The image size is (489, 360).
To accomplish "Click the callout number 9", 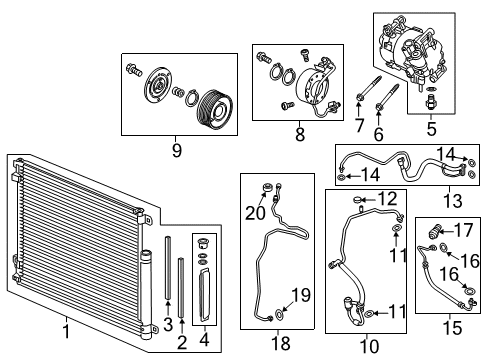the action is (177, 150).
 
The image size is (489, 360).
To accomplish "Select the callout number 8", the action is (300, 135).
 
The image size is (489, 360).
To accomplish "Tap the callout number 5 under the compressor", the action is (431, 129).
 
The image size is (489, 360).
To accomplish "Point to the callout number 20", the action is (255, 213).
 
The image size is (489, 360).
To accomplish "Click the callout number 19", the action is (301, 295).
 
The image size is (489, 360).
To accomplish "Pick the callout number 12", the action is (387, 199).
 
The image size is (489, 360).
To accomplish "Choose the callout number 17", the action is (463, 230).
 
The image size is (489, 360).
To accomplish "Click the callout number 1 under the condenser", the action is (66, 331).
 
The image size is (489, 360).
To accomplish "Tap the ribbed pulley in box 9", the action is (214, 108).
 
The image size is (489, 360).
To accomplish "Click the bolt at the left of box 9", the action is (134, 70).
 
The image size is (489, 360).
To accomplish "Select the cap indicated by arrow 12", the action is (356, 200).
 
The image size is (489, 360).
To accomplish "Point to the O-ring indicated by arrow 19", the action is (279, 313).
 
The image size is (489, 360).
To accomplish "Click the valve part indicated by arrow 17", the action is (434, 232).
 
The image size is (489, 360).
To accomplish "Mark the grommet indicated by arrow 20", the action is (267, 188).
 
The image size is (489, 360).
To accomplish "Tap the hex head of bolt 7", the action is (359, 97).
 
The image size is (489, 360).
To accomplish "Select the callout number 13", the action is (453, 201).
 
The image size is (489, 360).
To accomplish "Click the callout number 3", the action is (168, 324).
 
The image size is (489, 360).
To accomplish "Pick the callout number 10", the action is (369, 346).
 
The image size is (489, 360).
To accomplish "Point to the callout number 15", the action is (452, 328).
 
